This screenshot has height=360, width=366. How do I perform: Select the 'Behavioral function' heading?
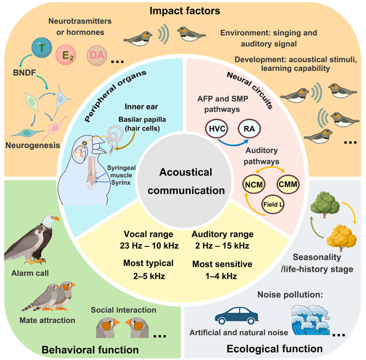[x=90, y=350]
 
